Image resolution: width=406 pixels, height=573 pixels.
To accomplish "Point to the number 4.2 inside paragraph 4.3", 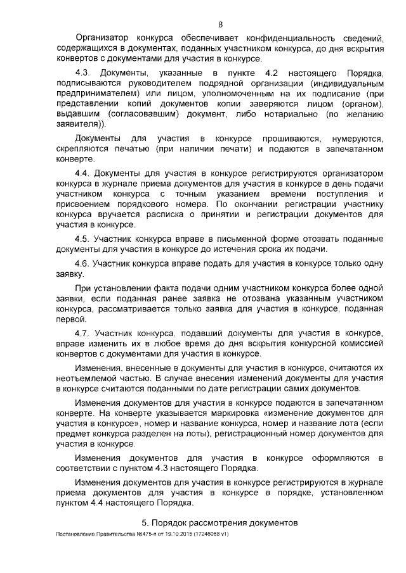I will (272, 74).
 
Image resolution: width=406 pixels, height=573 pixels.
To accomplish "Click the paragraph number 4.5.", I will (82, 239).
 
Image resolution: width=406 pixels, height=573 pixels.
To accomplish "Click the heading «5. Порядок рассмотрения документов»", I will (219, 524).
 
